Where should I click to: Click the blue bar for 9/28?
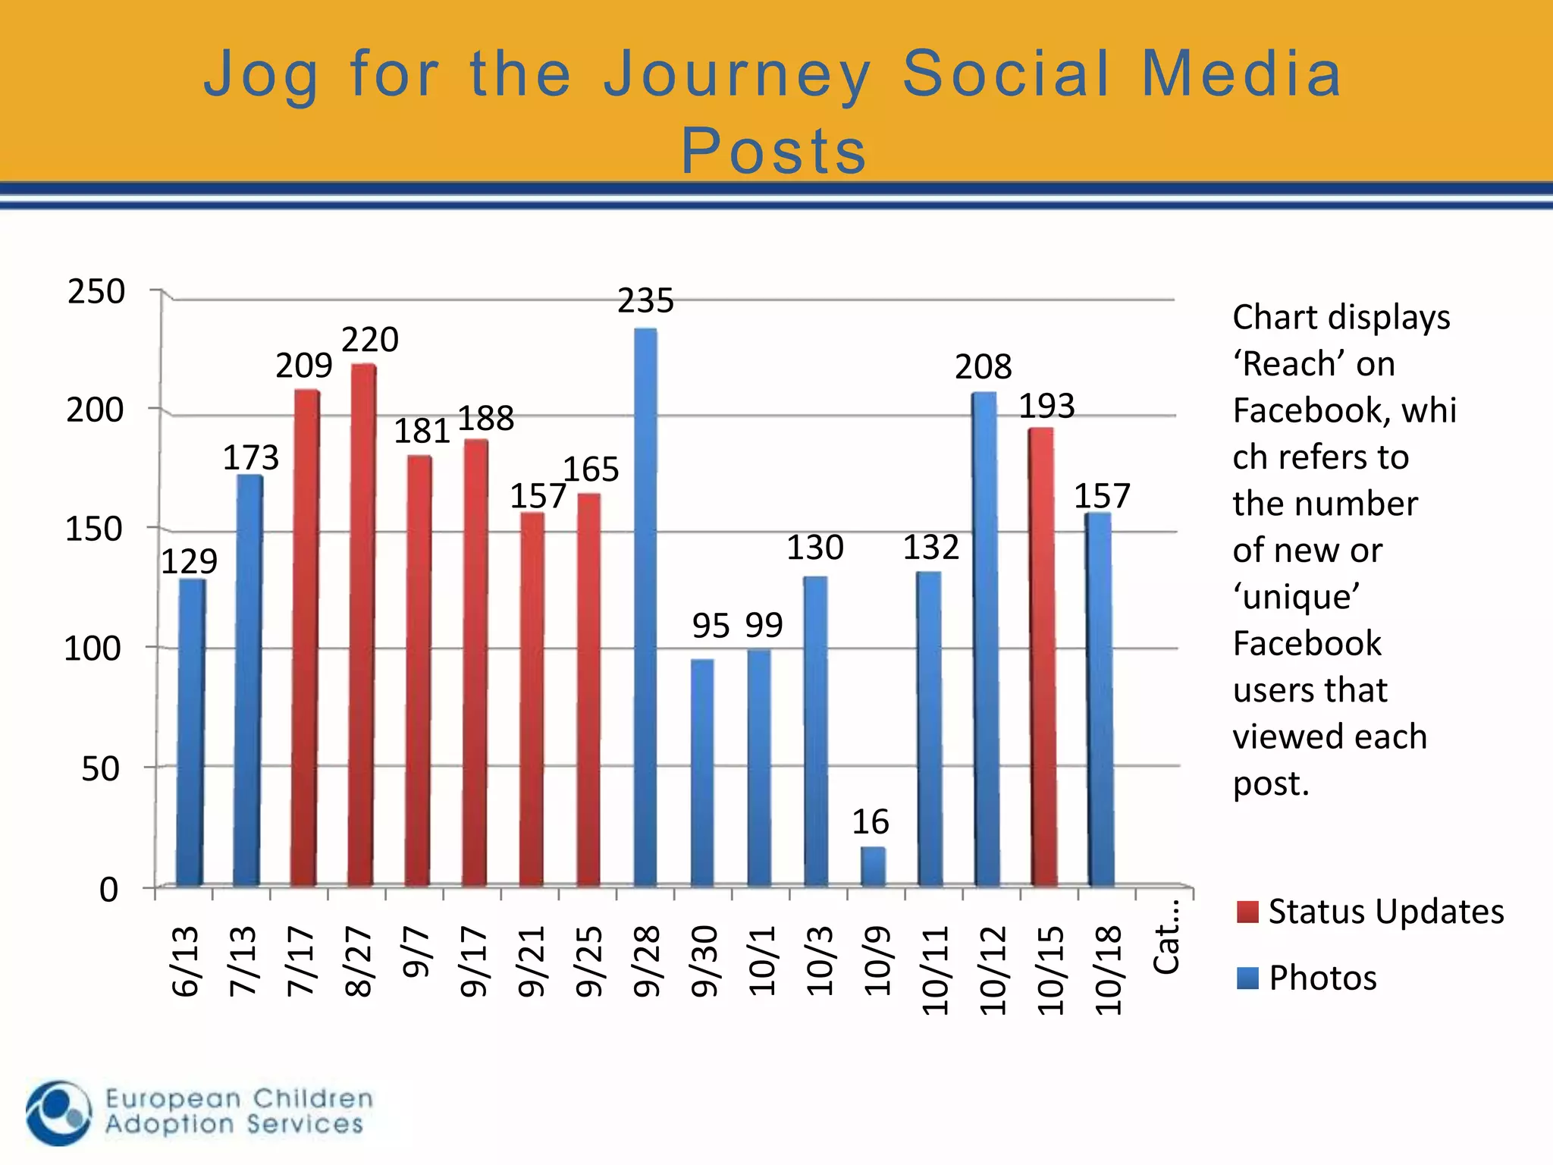[x=645, y=607]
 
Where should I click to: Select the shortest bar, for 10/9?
[x=873, y=867]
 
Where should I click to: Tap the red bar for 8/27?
[x=362, y=626]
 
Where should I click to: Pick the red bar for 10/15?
[x=1043, y=657]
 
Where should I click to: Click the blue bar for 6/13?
[x=191, y=733]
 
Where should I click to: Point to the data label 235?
[x=645, y=301]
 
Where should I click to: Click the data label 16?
[x=870, y=822]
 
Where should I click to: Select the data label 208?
[x=983, y=367]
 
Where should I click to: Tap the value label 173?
[x=250, y=457]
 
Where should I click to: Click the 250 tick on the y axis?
[x=96, y=292]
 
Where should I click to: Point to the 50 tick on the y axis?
[x=100, y=769]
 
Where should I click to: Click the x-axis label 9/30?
[x=704, y=961]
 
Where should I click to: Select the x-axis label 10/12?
[x=993, y=970]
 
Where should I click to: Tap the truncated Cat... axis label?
[x=1166, y=937]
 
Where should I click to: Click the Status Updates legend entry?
[x=1369, y=912]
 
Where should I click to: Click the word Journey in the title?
[x=737, y=74]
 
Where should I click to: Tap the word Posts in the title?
[x=774, y=151]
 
